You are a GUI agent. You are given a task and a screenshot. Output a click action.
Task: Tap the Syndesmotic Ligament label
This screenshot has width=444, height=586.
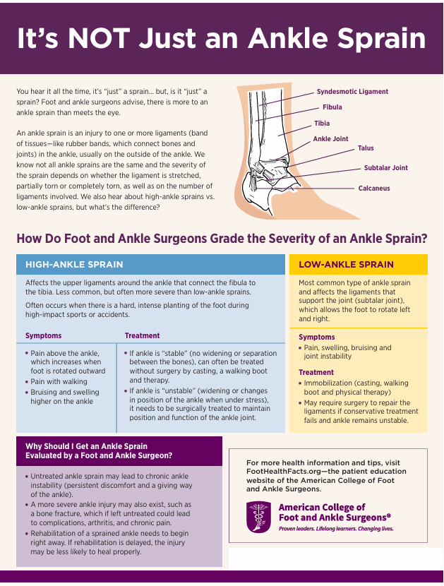click(352, 92)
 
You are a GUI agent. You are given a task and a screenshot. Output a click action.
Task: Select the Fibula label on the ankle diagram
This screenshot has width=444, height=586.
click(332, 107)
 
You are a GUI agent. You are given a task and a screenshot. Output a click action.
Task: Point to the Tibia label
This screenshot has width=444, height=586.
click(322, 124)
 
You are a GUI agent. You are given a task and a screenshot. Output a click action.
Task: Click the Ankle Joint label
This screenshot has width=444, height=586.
click(330, 139)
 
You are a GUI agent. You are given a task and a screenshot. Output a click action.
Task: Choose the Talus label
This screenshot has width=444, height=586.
click(366, 148)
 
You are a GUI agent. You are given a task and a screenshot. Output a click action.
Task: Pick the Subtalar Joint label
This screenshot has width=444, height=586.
click(385, 168)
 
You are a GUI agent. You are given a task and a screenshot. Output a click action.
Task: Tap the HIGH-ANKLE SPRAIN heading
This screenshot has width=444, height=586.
click(74, 265)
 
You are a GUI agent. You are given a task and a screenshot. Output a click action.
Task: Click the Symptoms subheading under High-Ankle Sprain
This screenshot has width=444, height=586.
click(44, 335)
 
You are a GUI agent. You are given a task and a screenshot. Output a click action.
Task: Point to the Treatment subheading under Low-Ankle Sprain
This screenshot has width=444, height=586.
click(316, 372)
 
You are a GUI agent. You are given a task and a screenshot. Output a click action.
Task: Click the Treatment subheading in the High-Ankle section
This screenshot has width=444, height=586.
click(143, 335)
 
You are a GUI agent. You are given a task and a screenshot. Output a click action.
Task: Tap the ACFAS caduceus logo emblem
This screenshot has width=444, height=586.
click(258, 518)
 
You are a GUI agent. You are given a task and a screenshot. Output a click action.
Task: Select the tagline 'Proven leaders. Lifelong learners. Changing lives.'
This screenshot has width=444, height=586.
click(336, 528)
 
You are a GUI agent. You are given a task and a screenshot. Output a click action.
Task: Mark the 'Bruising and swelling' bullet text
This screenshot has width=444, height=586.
click(65, 392)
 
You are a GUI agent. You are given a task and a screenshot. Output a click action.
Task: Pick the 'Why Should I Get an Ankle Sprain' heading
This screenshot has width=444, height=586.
click(86, 446)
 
